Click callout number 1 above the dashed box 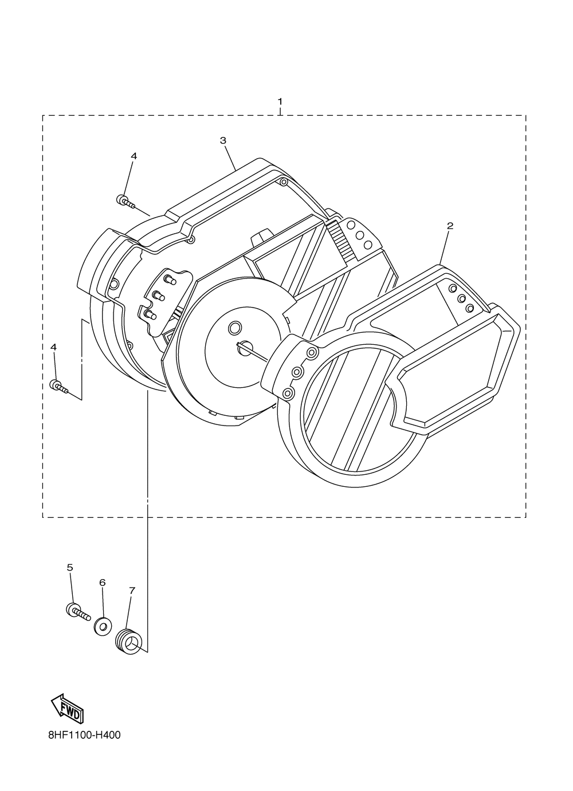click(x=280, y=101)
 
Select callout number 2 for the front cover click(x=450, y=226)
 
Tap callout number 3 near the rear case click(x=223, y=140)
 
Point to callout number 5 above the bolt click(x=70, y=568)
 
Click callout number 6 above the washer click(x=103, y=583)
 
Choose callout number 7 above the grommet click(x=132, y=590)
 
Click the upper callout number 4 click(x=134, y=156)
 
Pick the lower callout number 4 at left click(x=54, y=347)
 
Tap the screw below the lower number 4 click(x=60, y=387)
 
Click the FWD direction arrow click(x=68, y=708)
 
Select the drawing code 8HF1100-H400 click(x=84, y=735)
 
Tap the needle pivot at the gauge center click(x=246, y=346)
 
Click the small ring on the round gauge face click(x=235, y=328)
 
